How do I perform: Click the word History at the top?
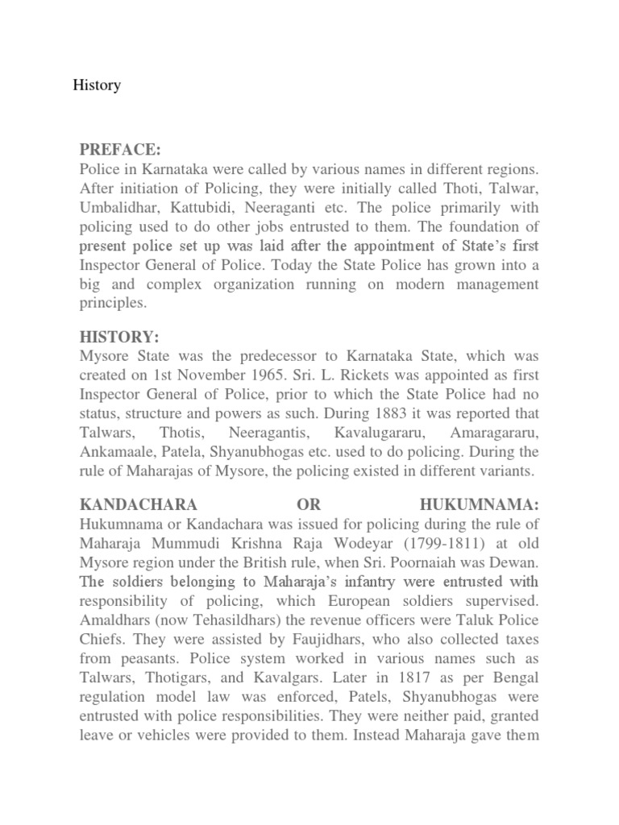97,85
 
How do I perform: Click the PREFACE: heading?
120,150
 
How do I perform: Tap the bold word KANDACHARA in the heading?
138,504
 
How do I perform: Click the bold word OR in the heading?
309,504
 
